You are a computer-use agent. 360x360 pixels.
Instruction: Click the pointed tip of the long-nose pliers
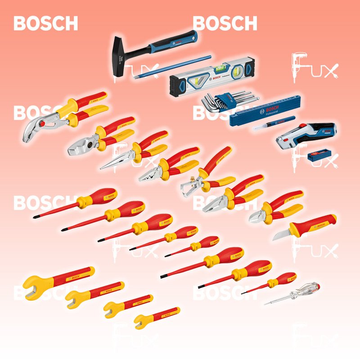click(103, 167)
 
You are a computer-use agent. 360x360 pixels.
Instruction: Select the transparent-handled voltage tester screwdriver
click(297, 292)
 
